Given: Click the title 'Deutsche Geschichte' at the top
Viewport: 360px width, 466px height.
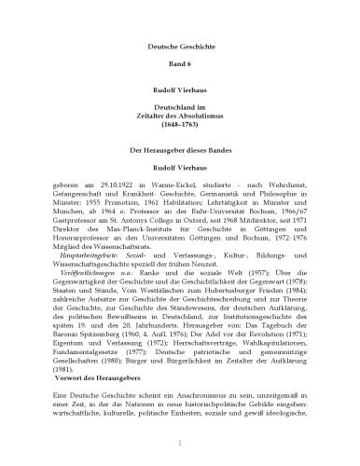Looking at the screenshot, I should click(x=179, y=47).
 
